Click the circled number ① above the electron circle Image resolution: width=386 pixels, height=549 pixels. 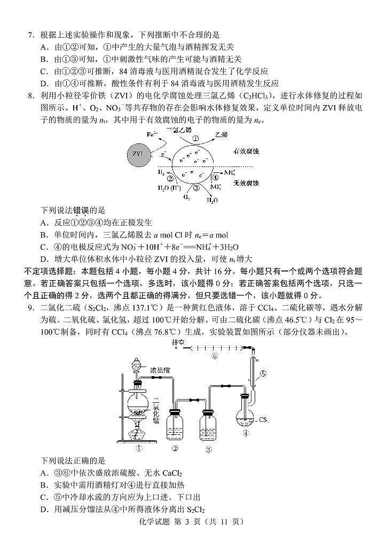(x=196, y=137)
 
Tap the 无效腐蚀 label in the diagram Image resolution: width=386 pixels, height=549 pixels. (x=246, y=183)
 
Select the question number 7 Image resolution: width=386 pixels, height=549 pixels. (x=31, y=35)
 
